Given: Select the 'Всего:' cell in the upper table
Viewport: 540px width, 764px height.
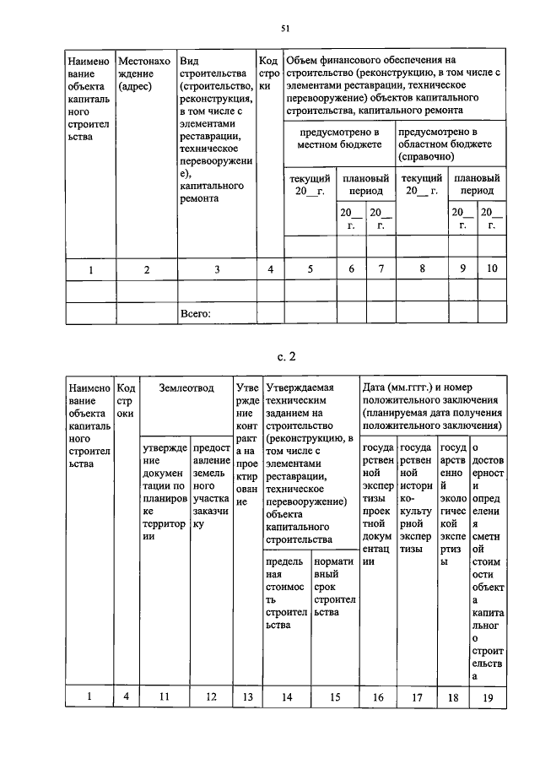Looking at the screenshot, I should (x=195, y=314).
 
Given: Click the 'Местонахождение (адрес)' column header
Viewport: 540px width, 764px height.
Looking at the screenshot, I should (x=144, y=73).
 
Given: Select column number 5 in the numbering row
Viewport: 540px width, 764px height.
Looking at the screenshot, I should (x=310, y=269).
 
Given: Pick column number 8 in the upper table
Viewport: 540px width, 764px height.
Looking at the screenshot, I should (x=422, y=269).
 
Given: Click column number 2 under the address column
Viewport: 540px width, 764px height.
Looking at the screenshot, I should (x=146, y=269).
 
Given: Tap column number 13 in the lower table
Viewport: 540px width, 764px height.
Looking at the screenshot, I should (x=247, y=697).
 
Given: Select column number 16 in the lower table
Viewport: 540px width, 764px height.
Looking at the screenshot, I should (x=378, y=697).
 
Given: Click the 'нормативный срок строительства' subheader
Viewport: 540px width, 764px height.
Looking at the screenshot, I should (x=335, y=587).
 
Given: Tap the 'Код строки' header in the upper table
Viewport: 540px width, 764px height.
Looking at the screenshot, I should (x=268, y=73).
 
